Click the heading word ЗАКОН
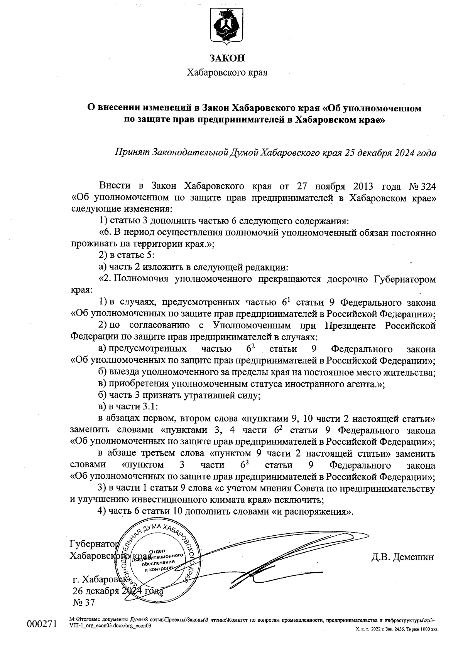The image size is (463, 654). click(x=227, y=58)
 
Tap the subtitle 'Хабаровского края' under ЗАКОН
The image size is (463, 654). click(x=227, y=72)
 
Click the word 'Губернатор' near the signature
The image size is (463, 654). click(x=93, y=544)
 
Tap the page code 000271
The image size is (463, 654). click(x=41, y=624)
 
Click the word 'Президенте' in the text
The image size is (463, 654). click(x=350, y=326)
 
